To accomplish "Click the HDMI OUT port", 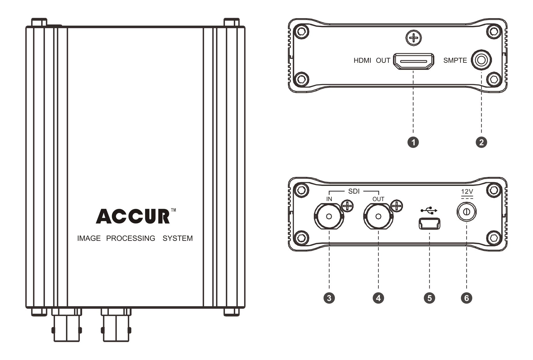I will pos(413,61).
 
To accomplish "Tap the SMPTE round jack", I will pos(481,60).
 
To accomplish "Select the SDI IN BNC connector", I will pos(329,216).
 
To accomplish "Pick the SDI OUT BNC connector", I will pos(378,216).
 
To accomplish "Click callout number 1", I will pos(413,142).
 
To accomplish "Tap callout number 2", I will pos(481,142).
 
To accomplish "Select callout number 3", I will pos(329,298).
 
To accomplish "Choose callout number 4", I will pos(378,298).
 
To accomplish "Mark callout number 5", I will pos(429,298).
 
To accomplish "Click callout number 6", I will pos(466,298).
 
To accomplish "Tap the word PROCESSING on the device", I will pos(130,238).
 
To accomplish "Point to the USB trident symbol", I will pos(429,210).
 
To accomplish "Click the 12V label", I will pos(467,192).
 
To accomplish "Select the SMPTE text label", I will pos(455,60).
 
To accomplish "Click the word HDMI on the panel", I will pos(362,61).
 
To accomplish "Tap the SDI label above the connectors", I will pos(354,191).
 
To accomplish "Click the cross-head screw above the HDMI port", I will pos(413,38).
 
